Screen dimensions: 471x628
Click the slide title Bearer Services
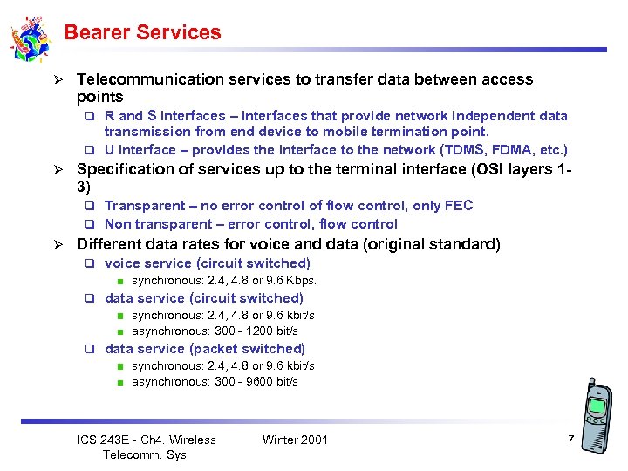pos(142,33)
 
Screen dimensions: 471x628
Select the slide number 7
pos(570,440)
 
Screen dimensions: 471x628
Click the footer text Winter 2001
pos(295,440)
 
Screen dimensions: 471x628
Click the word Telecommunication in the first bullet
pos(151,79)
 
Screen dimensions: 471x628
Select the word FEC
pos(459,206)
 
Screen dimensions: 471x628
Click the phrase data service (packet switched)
pos(204,349)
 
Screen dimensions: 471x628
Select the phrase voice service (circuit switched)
pos(207,263)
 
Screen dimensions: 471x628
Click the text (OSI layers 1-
pos(520,170)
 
